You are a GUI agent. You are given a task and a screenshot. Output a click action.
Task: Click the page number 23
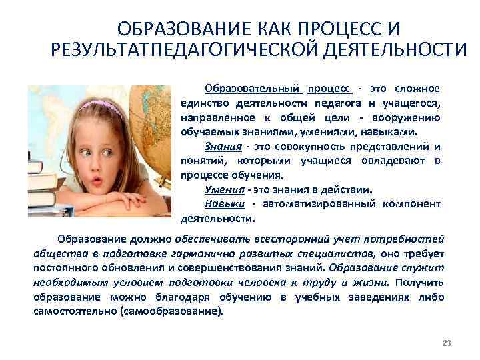click(x=447, y=343)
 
